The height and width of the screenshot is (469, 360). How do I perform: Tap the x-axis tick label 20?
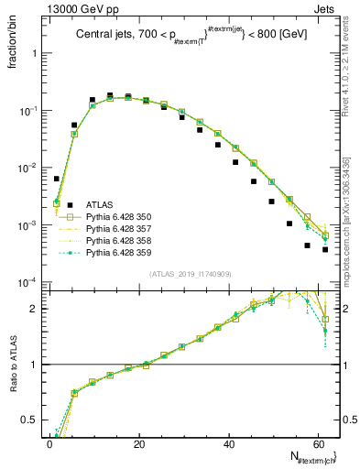click(139, 442)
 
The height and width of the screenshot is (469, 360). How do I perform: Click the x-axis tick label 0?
click(49, 442)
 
